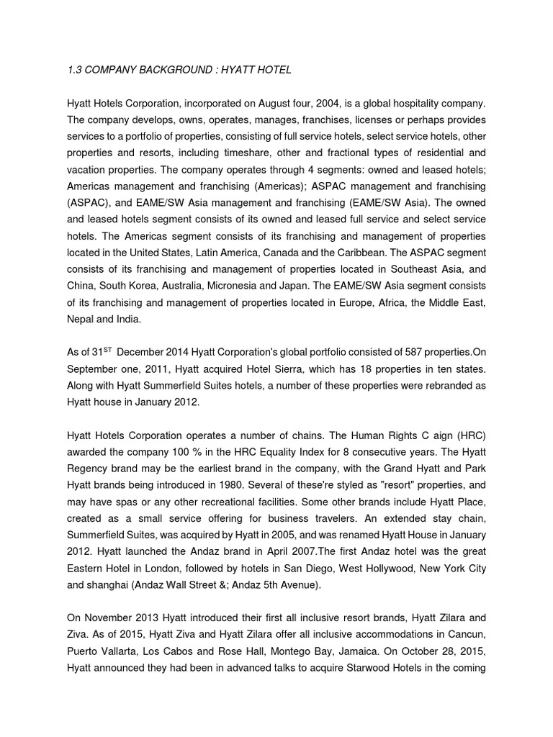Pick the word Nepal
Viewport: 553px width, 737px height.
point(81,319)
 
